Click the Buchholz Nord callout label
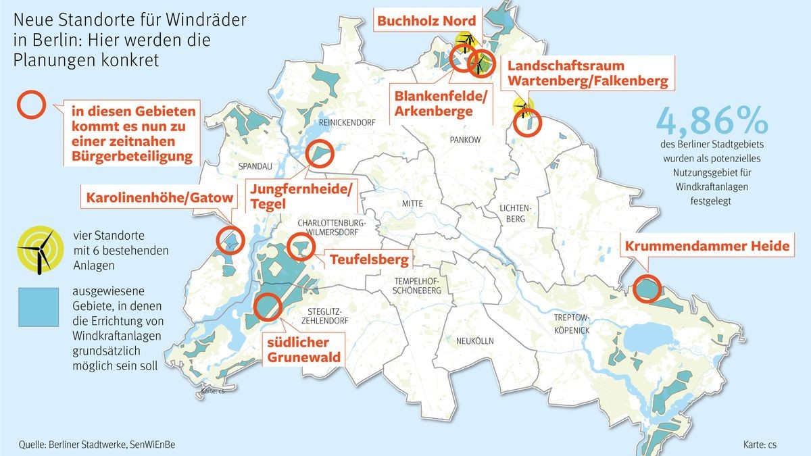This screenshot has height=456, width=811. coord(426,21)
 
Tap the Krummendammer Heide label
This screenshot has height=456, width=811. coord(707,246)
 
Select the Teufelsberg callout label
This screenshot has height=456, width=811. coord(369,259)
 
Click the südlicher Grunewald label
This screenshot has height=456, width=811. coord(302,349)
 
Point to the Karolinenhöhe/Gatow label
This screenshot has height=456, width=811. coord(159,198)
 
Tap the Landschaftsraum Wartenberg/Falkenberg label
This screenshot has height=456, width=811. coord(587,74)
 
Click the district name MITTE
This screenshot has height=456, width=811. coord(412,203)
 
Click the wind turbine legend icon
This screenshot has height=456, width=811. coord(42,250)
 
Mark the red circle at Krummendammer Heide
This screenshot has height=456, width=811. coord(647,288)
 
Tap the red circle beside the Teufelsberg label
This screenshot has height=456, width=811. coord(300,247)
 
